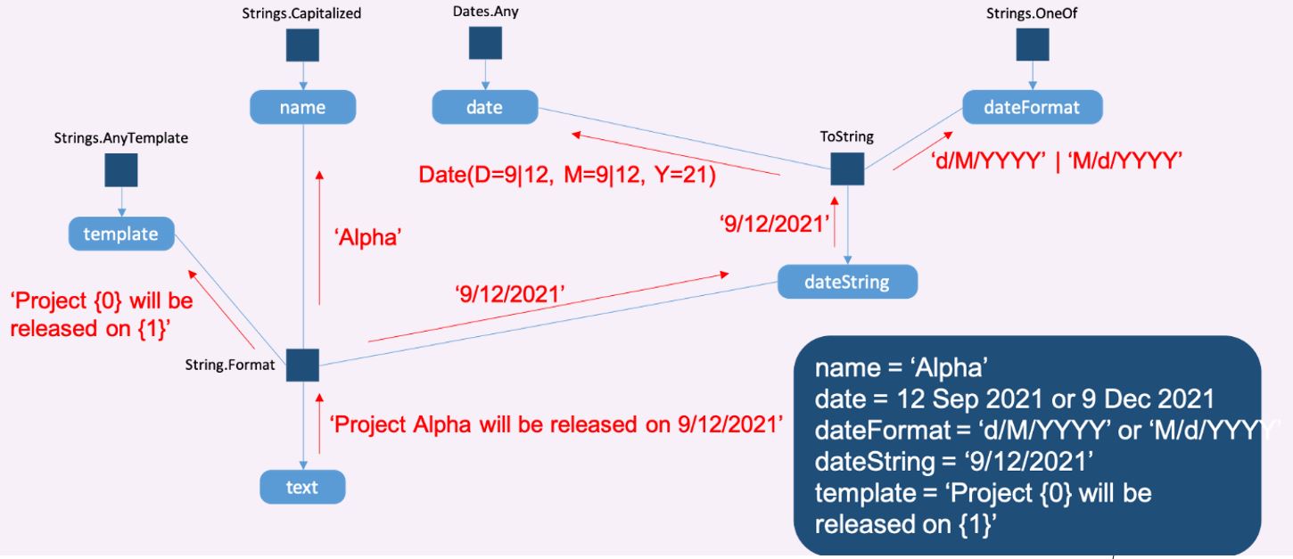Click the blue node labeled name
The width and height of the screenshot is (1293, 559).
(302, 108)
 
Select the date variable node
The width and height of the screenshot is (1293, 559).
(484, 108)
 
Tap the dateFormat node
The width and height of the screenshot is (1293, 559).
(1032, 108)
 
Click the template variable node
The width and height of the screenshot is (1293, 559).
(120, 234)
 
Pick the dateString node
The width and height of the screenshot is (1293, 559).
(846, 282)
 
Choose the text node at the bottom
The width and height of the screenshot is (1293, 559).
(301, 487)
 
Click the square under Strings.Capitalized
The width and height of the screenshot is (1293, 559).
(302, 45)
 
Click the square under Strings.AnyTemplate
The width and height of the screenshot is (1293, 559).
(120, 170)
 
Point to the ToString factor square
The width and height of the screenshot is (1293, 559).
(846, 169)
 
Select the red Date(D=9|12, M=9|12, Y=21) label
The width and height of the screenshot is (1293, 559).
(568, 174)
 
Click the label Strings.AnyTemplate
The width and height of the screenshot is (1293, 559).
(120, 138)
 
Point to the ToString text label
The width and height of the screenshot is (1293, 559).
(846, 136)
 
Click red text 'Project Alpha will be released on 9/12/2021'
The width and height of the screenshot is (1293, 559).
(556, 424)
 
